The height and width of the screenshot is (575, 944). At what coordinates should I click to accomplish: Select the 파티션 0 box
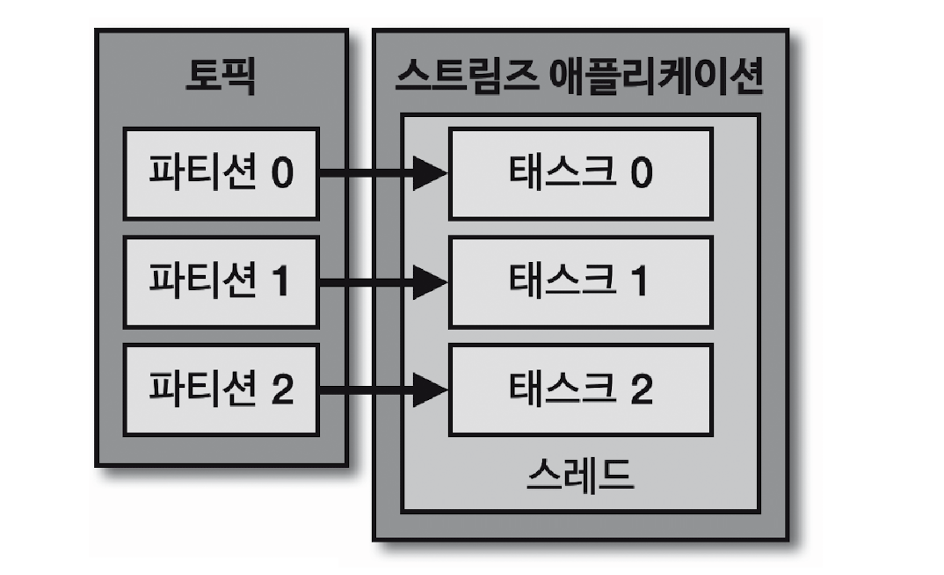[x=221, y=173]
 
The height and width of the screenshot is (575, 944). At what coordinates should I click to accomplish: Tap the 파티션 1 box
[x=221, y=281]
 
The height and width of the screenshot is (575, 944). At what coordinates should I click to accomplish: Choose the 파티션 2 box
[x=221, y=389]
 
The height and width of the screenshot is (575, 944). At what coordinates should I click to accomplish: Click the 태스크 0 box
[x=580, y=173]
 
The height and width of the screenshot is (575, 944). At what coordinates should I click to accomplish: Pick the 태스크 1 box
[x=580, y=281]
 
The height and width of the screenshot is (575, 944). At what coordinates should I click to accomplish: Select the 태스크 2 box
[x=580, y=389]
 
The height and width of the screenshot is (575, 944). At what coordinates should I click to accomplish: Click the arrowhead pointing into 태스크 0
[x=431, y=173]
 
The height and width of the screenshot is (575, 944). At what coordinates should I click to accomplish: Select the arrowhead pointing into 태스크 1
[x=431, y=281]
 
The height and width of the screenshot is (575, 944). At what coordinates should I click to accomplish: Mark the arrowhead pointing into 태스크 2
[x=431, y=389]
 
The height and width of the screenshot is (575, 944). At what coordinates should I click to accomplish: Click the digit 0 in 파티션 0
[x=282, y=173]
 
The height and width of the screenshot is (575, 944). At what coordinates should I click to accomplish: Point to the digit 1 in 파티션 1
[x=281, y=281]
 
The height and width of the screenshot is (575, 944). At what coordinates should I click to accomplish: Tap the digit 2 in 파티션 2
[x=282, y=389]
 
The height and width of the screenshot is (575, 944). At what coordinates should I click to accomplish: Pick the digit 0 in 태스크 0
[x=641, y=173]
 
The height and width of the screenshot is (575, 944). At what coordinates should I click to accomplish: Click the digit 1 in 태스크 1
[x=640, y=281]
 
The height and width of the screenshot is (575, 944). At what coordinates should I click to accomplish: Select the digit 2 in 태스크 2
[x=641, y=389]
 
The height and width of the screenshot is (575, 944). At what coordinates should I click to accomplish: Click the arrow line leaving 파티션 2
[x=365, y=389]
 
